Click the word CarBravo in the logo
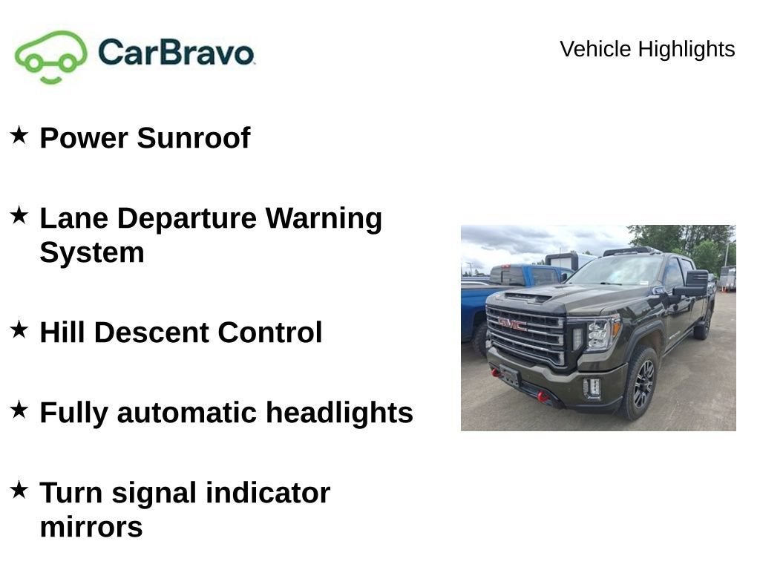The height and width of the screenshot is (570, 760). pyautogui.click(x=176, y=53)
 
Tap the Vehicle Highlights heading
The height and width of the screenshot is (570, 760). pyautogui.click(x=647, y=49)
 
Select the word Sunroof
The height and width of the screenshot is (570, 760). pyautogui.click(x=194, y=137)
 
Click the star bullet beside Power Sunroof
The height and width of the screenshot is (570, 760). pyautogui.click(x=19, y=135)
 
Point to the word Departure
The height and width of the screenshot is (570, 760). pyautogui.click(x=186, y=219)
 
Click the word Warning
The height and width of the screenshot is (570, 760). pyautogui.click(x=324, y=219)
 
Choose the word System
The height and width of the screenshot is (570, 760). pyautogui.click(x=92, y=253)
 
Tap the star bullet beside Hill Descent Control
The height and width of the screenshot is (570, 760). pyautogui.click(x=19, y=330)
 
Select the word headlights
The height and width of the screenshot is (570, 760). pyautogui.click(x=339, y=413)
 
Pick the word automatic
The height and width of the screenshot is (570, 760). pyautogui.click(x=187, y=413)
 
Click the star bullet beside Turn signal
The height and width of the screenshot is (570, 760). pyautogui.click(x=19, y=490)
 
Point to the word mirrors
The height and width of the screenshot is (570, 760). pyautogui.click(x=91, y=528)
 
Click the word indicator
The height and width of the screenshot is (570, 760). pyautogui.click(x=268, y=493)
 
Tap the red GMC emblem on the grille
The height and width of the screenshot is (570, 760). pyautogui.click(x=512, y=324)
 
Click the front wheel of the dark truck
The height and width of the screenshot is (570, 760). pyautogui.click(x=641, y=383)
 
